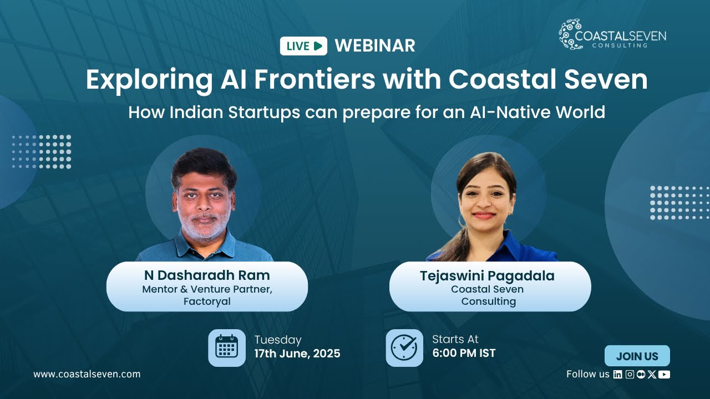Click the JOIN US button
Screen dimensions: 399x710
[x=637, y=356]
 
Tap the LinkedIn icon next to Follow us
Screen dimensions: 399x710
[x=618, y=374]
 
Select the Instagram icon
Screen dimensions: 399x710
[x=630, y=374]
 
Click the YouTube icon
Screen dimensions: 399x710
[x=664, y=374]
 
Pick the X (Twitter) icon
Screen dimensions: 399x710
[x=652, y=374]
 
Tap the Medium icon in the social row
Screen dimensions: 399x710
[x=641, y=374]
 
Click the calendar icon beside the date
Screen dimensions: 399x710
[x=226, y=347]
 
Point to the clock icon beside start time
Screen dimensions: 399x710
[x=404, y=347]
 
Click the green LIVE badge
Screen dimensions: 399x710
[x=303, y=46]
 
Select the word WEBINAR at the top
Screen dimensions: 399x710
[x=375, y=46]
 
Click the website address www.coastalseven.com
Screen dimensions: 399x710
[x=87, y=374]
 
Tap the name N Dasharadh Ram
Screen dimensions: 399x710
[x=207, y=275]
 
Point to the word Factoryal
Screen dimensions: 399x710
[x=207, y=302]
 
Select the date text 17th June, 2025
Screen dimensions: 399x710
[x=297, y=354]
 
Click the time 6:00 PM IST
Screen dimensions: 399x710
[x=464, y=353]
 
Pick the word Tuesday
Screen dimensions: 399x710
[x=278, y=340]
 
